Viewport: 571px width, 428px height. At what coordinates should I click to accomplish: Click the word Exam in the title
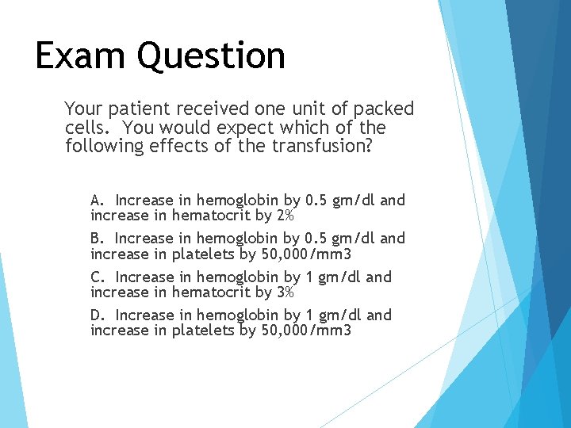coord(80,55)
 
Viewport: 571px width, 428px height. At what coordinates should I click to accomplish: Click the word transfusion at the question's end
coord(323,147)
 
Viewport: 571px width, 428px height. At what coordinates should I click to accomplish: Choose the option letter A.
coord(97,200)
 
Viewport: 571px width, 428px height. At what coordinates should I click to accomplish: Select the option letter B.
coord(97,238)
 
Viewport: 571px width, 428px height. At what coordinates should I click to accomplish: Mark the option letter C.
coord(97,277)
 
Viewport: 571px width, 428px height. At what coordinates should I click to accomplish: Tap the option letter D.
coord(97,315)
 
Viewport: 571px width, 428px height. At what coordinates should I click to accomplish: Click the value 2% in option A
coord(285,216)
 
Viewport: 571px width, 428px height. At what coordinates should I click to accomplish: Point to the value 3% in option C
coord(285,292)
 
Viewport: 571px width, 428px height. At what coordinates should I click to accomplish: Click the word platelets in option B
coord(205,254)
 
